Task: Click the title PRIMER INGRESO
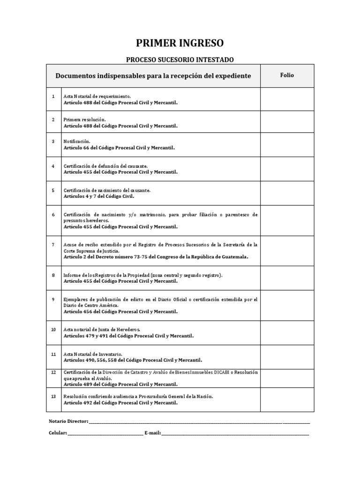[180, 44]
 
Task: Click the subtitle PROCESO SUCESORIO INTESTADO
[180, 60]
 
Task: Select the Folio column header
[287, 75]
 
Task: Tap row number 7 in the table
[53, 245]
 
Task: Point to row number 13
[53, 396]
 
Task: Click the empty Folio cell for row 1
[287, 99]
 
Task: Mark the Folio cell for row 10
[287, 332]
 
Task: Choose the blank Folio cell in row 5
[287, 193]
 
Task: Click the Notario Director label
[68, 421]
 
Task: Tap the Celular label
[58, 433]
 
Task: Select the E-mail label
[153, 433]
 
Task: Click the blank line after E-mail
[235, 434]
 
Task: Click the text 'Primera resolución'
[85, 120]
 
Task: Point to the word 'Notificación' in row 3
[77, 141]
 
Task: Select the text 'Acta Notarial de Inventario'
[93, 354]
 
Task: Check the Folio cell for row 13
[287, 399]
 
